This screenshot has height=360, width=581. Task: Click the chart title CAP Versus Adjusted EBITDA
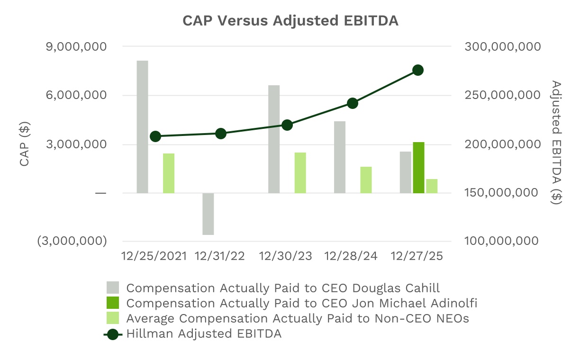pyautogui.click(x=290, y=21)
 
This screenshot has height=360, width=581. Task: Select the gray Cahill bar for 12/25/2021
pyautogui.click(x=142, y=126)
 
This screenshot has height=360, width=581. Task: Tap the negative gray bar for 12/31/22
pyautogui.click(x=208, y=214)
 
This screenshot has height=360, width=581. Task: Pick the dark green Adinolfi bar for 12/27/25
pyautogui.click(x=418, y=167)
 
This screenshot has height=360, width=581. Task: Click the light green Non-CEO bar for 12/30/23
pyautogui.click(x=300, y=172)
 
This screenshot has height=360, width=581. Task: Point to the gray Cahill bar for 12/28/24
pyautogui.click(x=340, y=157)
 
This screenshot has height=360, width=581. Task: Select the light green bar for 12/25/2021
pyautogui.click(x=169, y=173)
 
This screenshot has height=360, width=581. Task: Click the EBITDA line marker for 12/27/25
pyautogui.click(x=418, y=70)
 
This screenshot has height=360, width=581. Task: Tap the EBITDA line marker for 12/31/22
pyautogui.click(x=221, y=134)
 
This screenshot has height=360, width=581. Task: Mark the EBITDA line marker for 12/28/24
pyautogui.click(x=352, y=103)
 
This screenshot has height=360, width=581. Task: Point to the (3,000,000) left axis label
pyautogui.click(x=72, y=241)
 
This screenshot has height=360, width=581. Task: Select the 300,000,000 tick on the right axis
pyautogui.click(x=503, y=47)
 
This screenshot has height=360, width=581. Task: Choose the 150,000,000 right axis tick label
pyautogui.click(x=503, y=193)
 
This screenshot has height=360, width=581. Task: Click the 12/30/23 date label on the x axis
pyautogui.click(x=286, y=256)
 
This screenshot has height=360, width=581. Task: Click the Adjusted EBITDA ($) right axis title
pyautogui.click(x=556, y=142)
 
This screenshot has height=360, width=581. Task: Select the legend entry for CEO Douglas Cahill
pyautogui.click(x=283, y=288)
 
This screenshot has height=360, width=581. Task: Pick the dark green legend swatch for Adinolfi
pyautogui.click(x=113, y=303)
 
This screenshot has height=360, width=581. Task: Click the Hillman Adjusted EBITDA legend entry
pyautogui.click(x=204, y=333)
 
